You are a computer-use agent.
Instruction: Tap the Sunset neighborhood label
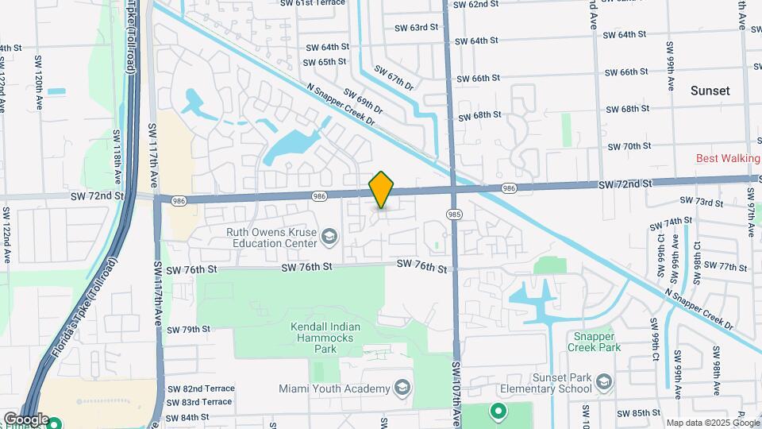pos(710,91)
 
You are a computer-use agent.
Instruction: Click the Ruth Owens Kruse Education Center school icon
pos(329,234)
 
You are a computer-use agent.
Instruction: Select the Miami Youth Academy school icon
pos(402,388)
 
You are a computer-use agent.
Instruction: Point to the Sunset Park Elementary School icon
pos(604,383)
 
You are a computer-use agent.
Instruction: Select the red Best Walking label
pos(728,158)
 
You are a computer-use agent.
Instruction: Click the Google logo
pos(25,419)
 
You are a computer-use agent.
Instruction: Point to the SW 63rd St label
pos(416,27)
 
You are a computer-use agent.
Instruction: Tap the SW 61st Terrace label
pos(313,3)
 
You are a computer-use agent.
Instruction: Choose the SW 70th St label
pos(629,146)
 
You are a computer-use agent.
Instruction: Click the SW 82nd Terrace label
pos(201,388)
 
